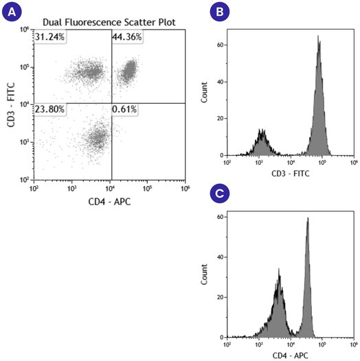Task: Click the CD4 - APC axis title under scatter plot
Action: click(110, 200)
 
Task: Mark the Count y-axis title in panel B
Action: click(204, 93)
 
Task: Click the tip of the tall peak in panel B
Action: click(319, 36)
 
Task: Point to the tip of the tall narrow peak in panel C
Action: click(308, 218)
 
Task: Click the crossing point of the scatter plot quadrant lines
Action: click(111, 104)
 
